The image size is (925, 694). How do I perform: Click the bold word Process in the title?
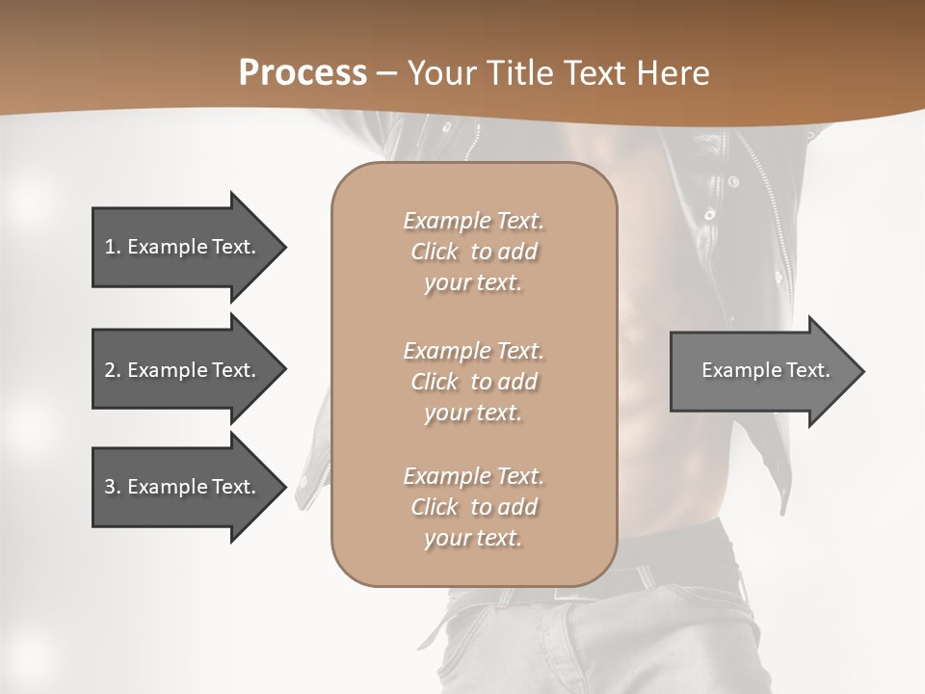[x=303, y=73]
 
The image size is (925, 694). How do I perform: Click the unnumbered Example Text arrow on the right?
[x=765, y=370]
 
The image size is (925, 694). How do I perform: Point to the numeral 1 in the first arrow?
[x=110, y=247]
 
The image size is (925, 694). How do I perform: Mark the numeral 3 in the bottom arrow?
[x=110, y=487]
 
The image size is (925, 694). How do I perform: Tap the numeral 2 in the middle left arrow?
[x=110, y=370]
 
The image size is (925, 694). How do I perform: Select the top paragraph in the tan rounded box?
[x=473, y=252]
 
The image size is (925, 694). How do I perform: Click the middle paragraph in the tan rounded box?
[x=473, y=382]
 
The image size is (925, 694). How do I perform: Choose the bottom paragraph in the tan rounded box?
[x=473, y=507]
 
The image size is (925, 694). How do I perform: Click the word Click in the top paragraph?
[x=434, y=252]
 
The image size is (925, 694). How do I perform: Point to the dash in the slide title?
[x=387, y=73]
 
